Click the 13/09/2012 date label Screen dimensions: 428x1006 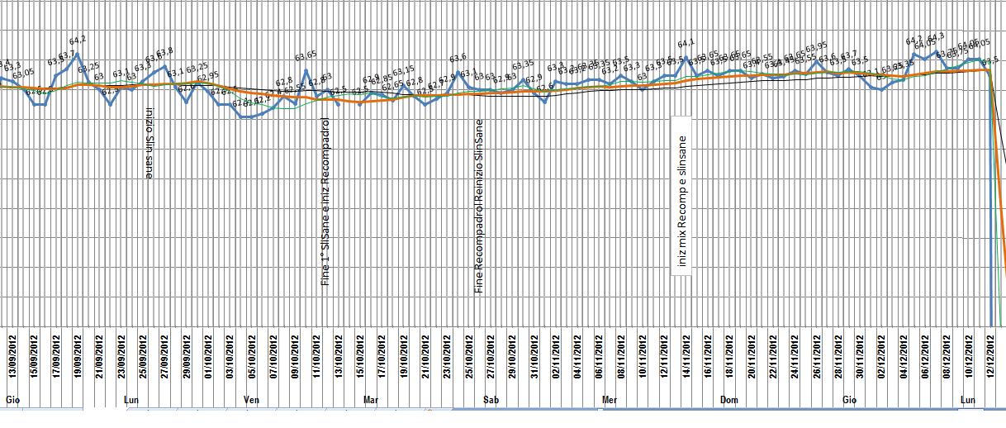[x=12, y=353]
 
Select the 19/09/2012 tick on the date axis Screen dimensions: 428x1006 [x=78, y=353]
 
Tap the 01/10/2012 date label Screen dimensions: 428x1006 [x=208, y=353]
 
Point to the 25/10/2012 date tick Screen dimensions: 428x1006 [x=469, y=353]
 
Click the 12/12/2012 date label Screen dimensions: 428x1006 [x=991, y=353]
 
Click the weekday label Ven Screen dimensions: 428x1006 [x=252, y=400]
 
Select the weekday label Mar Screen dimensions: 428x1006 [x=371, y=400]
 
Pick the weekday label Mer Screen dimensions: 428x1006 [x=610, y=400]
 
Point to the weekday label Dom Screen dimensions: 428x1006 [x=728, y=400]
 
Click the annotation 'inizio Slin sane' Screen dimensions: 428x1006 [x=149, y=143]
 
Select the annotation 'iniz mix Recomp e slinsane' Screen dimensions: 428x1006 [x=682, y=201]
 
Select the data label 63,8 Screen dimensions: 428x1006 [x=165, y=52]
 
